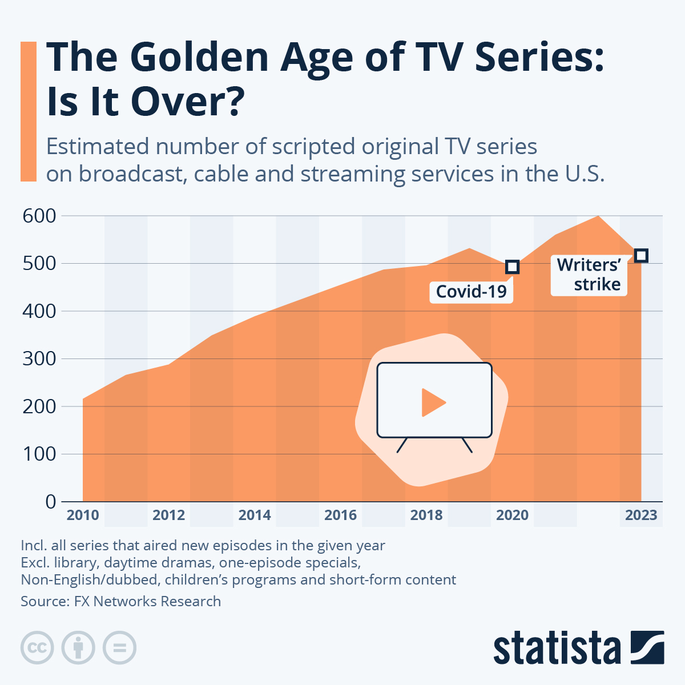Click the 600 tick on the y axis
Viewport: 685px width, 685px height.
click(x=39, y=216)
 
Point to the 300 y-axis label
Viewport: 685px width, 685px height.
click(x=39, y=358)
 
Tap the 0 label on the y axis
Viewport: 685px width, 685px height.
click(x=51, y=502)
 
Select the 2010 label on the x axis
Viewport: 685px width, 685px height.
click(x=83, y=515)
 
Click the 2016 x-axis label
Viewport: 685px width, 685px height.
click(x=340, y=515)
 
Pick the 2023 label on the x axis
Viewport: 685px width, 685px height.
click(x=641, y=515)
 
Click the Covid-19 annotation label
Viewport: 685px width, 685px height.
click(x=471, y=292)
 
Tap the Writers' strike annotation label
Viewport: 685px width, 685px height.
click(x=589, y=275)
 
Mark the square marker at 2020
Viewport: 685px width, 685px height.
click(x=513, y=267)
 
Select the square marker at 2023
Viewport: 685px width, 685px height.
click(x=641, y=255)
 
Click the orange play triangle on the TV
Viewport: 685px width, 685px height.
click(x=432, y=402)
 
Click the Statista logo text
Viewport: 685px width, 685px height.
click(x=557, y=648)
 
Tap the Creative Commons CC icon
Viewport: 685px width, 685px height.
click(x=37, y=648)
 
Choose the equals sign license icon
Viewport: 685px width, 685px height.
click(x=119, y=648)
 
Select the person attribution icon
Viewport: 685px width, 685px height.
click(x=78, y=648)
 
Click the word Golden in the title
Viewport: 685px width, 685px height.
click(x=200, y=57)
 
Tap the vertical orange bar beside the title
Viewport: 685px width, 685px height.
click(x=29, y=111)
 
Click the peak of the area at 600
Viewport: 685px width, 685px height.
click(x=598, y=216)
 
